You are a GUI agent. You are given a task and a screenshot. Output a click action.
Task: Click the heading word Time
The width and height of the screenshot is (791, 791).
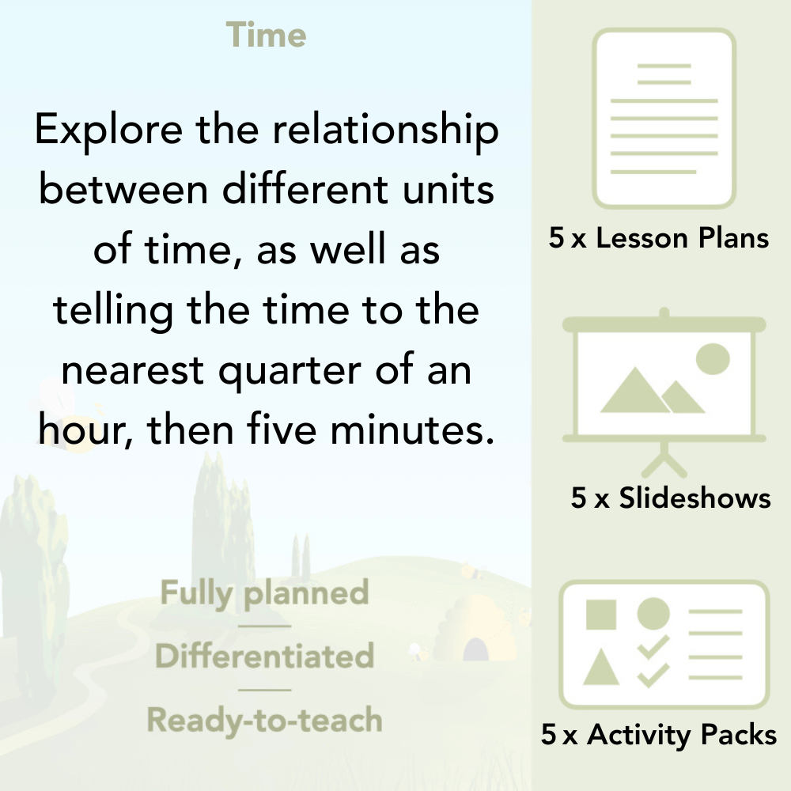(266, 36)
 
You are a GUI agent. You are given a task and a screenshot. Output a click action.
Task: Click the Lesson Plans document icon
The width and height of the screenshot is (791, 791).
(664, 118)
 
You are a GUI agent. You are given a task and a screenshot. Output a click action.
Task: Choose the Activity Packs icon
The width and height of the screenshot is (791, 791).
(664, 644)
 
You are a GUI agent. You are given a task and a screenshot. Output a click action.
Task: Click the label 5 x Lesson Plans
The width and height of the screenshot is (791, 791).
(659, 238)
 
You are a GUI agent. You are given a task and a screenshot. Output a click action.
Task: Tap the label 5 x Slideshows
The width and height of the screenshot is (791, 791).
(670, 498)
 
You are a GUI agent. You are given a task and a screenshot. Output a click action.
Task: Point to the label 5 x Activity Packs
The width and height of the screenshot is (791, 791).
(659, 735)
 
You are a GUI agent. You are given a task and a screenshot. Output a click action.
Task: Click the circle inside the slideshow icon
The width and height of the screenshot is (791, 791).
(712, 358)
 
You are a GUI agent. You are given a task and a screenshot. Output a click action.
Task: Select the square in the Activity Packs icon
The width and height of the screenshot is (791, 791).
(601, 614)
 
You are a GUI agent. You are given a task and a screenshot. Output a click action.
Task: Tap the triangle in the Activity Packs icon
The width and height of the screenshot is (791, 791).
(601, 668)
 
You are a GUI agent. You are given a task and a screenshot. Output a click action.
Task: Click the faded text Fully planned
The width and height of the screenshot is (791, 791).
(265, 593)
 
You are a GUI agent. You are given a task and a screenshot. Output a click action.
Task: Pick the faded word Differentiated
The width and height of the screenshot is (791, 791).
(264, 657)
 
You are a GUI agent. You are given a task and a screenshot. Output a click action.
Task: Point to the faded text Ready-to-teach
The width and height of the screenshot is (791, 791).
(264, 720)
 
